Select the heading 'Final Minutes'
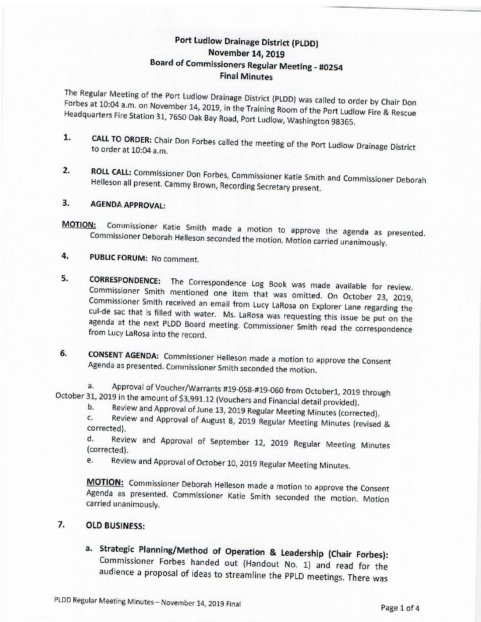246,76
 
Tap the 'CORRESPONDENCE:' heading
125,280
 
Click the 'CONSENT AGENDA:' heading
124,355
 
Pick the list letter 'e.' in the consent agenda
90,460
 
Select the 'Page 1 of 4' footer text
400,608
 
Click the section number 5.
65,278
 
